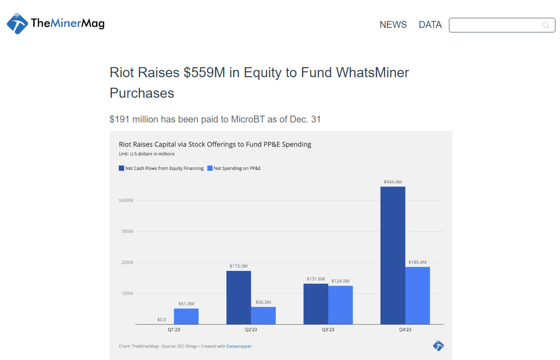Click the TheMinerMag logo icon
17,24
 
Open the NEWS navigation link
393,25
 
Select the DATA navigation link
430,25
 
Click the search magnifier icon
546,25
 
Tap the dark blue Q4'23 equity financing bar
393,255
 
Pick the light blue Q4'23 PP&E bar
417,296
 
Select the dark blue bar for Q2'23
239,297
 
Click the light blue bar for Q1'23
186,316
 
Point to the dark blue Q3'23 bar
316,304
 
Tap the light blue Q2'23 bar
263,315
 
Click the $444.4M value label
393,182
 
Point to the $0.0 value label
161,320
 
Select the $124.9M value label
340,281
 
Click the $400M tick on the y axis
126,201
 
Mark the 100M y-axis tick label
127,293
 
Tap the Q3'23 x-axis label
328,330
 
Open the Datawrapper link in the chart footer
239,346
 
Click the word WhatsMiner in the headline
373,72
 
